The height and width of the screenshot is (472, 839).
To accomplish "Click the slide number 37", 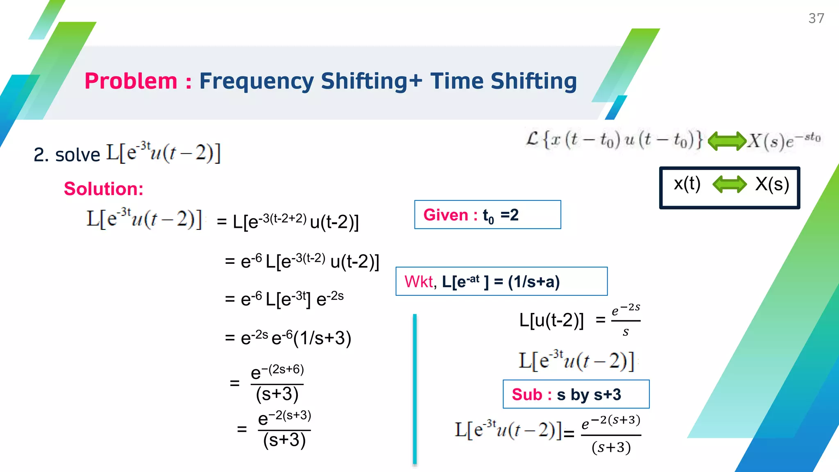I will (x=816, y=18).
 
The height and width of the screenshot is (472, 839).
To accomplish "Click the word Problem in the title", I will (x=131, y=81).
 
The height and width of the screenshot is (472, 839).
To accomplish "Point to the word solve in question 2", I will (x=77, y=155).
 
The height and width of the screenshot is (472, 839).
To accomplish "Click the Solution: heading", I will (x=104, y=189).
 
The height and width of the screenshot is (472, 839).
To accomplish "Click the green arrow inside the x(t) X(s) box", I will (x=730, y=184).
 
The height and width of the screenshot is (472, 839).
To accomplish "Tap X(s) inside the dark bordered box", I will (x=772, y=184).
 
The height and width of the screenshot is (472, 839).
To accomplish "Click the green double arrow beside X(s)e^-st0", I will (x=727, y=141).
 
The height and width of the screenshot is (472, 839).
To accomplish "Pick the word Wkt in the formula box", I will (x=418, y=282).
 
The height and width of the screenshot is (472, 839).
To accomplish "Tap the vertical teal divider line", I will (x=415, y=389).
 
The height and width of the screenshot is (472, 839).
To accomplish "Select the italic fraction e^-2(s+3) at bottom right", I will (x=611, y=434).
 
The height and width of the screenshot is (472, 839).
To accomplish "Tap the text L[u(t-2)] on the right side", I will (x=551, y=320).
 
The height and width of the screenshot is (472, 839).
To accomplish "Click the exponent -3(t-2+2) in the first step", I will (x=282, y=218).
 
